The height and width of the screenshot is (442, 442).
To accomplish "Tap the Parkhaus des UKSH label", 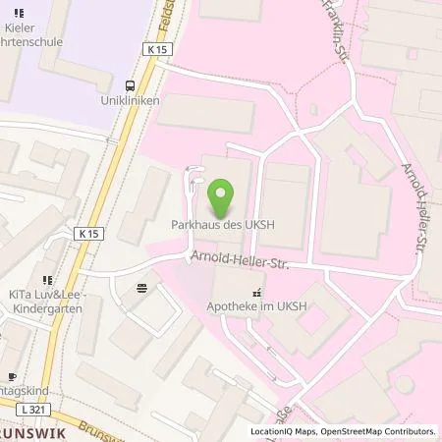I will coord(221,226).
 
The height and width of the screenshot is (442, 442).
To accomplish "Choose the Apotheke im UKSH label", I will coord(257,306).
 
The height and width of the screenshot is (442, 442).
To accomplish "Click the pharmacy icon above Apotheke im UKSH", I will coord(257,292).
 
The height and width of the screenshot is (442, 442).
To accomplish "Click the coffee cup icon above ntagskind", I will coord(12,376).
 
